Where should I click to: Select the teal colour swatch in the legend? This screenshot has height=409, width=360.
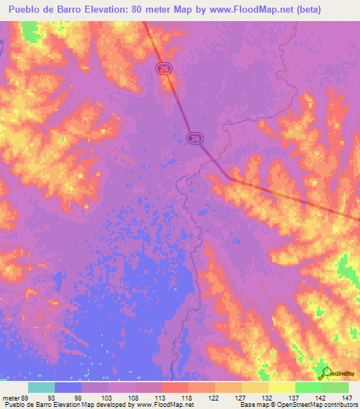pos(41,387)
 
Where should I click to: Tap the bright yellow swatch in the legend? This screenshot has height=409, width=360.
pos(281,387)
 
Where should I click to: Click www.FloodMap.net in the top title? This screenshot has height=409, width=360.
pos(239,9)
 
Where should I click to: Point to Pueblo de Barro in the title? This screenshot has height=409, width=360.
pos(41,9)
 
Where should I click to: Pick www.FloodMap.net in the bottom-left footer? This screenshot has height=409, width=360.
pos(162,405)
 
